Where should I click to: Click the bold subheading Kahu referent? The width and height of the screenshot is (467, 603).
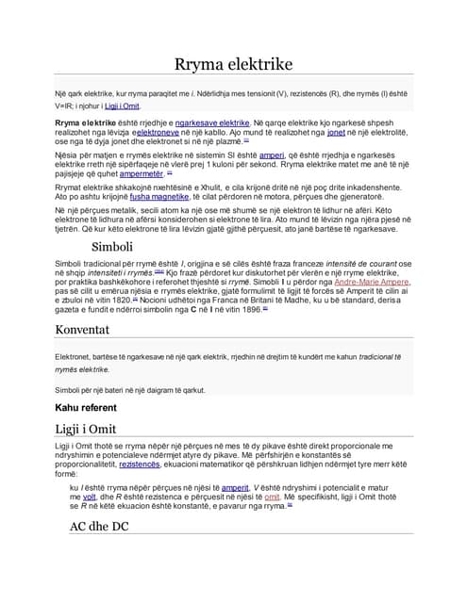click(x=86, y=407)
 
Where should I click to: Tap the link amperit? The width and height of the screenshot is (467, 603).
click(x=235, y=488)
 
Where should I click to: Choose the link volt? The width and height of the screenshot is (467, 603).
click(x=90, y=497)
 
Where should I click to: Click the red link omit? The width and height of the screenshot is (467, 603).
click(x=272, y=497)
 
